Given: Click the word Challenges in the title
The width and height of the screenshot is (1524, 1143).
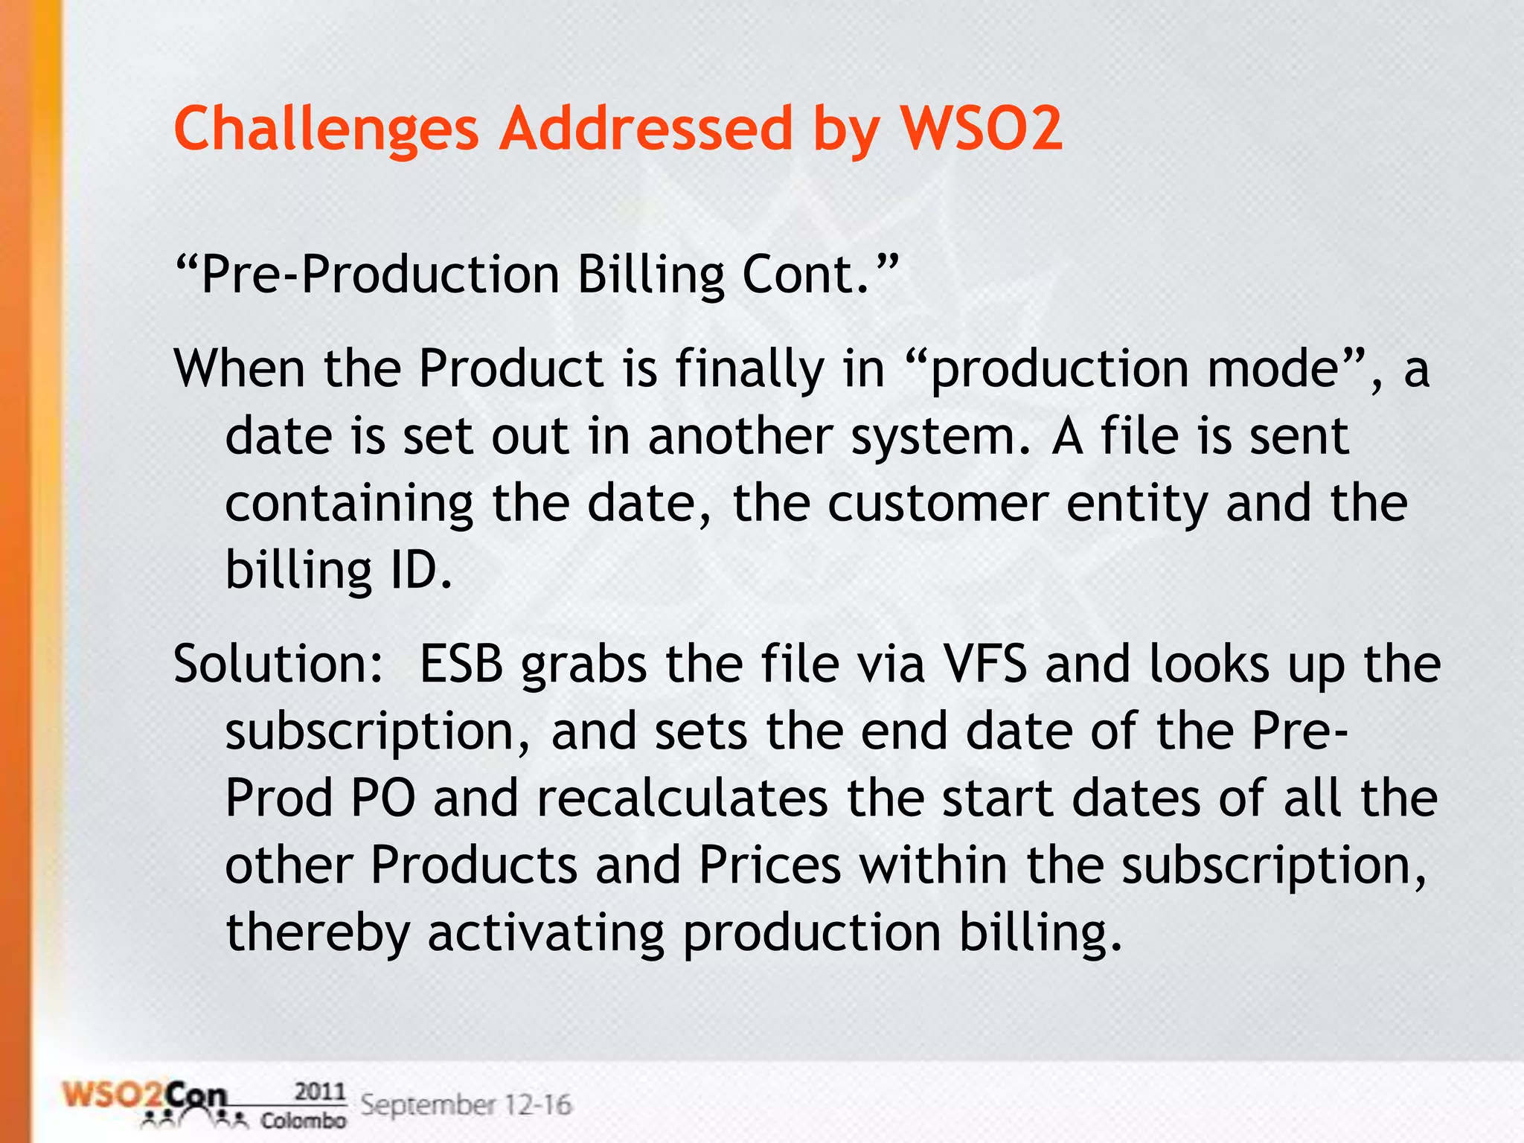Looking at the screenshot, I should click(x=326, y=129).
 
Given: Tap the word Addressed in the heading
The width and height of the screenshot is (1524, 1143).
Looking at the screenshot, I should click(x=647, y=128).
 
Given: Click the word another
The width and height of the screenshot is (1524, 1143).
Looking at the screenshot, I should click(x=740, y=436).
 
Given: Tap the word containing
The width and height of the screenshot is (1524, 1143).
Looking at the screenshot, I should click(x=348, y=504).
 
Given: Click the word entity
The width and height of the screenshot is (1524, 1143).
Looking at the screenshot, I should click(x=1136, y=504).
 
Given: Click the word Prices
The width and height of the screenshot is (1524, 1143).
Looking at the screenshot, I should click(x=769, y=865).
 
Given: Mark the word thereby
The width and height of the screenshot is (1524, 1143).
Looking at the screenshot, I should click(x=318, y=932).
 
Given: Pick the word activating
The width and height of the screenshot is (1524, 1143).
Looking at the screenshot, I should click(x=545, y=932).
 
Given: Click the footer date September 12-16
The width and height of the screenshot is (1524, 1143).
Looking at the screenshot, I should click(x=467, y=1105).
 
